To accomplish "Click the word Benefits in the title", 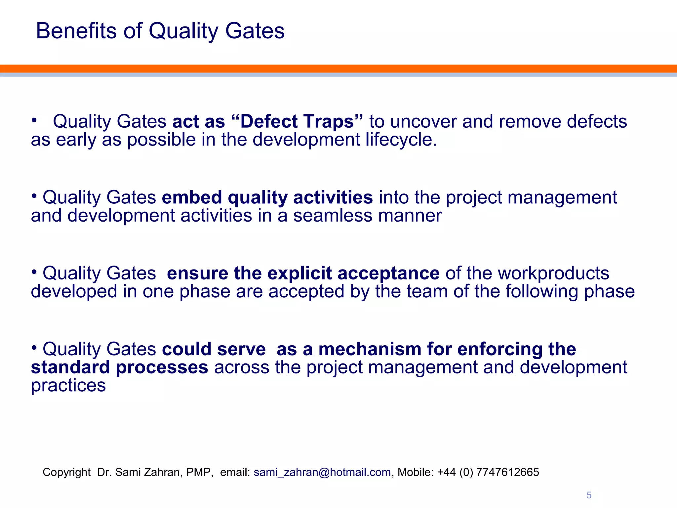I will [x=76, y=31].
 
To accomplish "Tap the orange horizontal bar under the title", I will [x=338, y=68].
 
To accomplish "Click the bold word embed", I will [x=192, y=197].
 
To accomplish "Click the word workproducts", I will [x=553, y=273].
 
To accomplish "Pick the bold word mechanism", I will [x=369, y=349].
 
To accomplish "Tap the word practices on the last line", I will [x=68, y=386].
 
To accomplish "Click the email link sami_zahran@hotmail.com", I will [x=322, y=472].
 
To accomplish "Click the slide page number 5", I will [x=589, y=495].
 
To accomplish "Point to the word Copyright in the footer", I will [x=66, y=472].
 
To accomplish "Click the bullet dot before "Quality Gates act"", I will [x=34, y=120].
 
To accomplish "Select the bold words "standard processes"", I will [x=119, y=367].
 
